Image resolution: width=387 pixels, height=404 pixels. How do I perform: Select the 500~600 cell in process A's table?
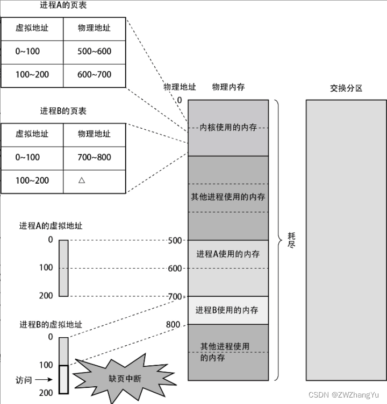pos(94,52)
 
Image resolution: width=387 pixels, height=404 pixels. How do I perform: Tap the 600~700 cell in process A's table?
pos(94,75)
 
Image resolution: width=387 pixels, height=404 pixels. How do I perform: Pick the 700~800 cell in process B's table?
pos(94,157)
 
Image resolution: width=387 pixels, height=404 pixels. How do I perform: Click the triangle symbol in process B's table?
pos(82,180)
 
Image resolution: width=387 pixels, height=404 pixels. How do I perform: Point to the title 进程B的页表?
pos(63,111)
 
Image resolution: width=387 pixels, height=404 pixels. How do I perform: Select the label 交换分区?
pos(346,88)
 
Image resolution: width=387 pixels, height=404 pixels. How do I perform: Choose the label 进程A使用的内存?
pos(228,254)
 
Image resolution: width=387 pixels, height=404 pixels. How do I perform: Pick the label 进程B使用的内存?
pos(227,310)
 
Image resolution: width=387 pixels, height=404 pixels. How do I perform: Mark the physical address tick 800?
pos(173,324)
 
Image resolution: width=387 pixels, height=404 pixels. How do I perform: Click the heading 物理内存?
pos(228,87)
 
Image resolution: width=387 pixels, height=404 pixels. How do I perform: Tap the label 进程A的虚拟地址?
pos(51,226)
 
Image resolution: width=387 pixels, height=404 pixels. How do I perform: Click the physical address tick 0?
pos(179,100)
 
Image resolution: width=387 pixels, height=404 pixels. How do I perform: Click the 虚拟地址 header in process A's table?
pos(32,28)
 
